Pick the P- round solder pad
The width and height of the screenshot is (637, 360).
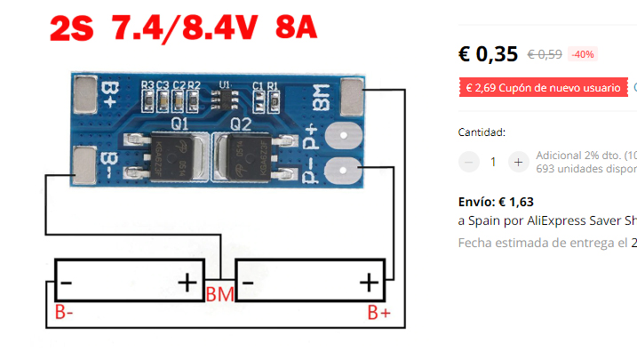(342, 169)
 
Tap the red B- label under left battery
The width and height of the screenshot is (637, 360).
(64, 312)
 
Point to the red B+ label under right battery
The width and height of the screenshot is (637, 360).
(379, 312)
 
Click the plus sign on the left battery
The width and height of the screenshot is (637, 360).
(187, 284)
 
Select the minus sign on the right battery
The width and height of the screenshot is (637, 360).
(248, 284)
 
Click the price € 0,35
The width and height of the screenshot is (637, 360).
(488, 54)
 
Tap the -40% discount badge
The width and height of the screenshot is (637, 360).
(583, 54)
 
